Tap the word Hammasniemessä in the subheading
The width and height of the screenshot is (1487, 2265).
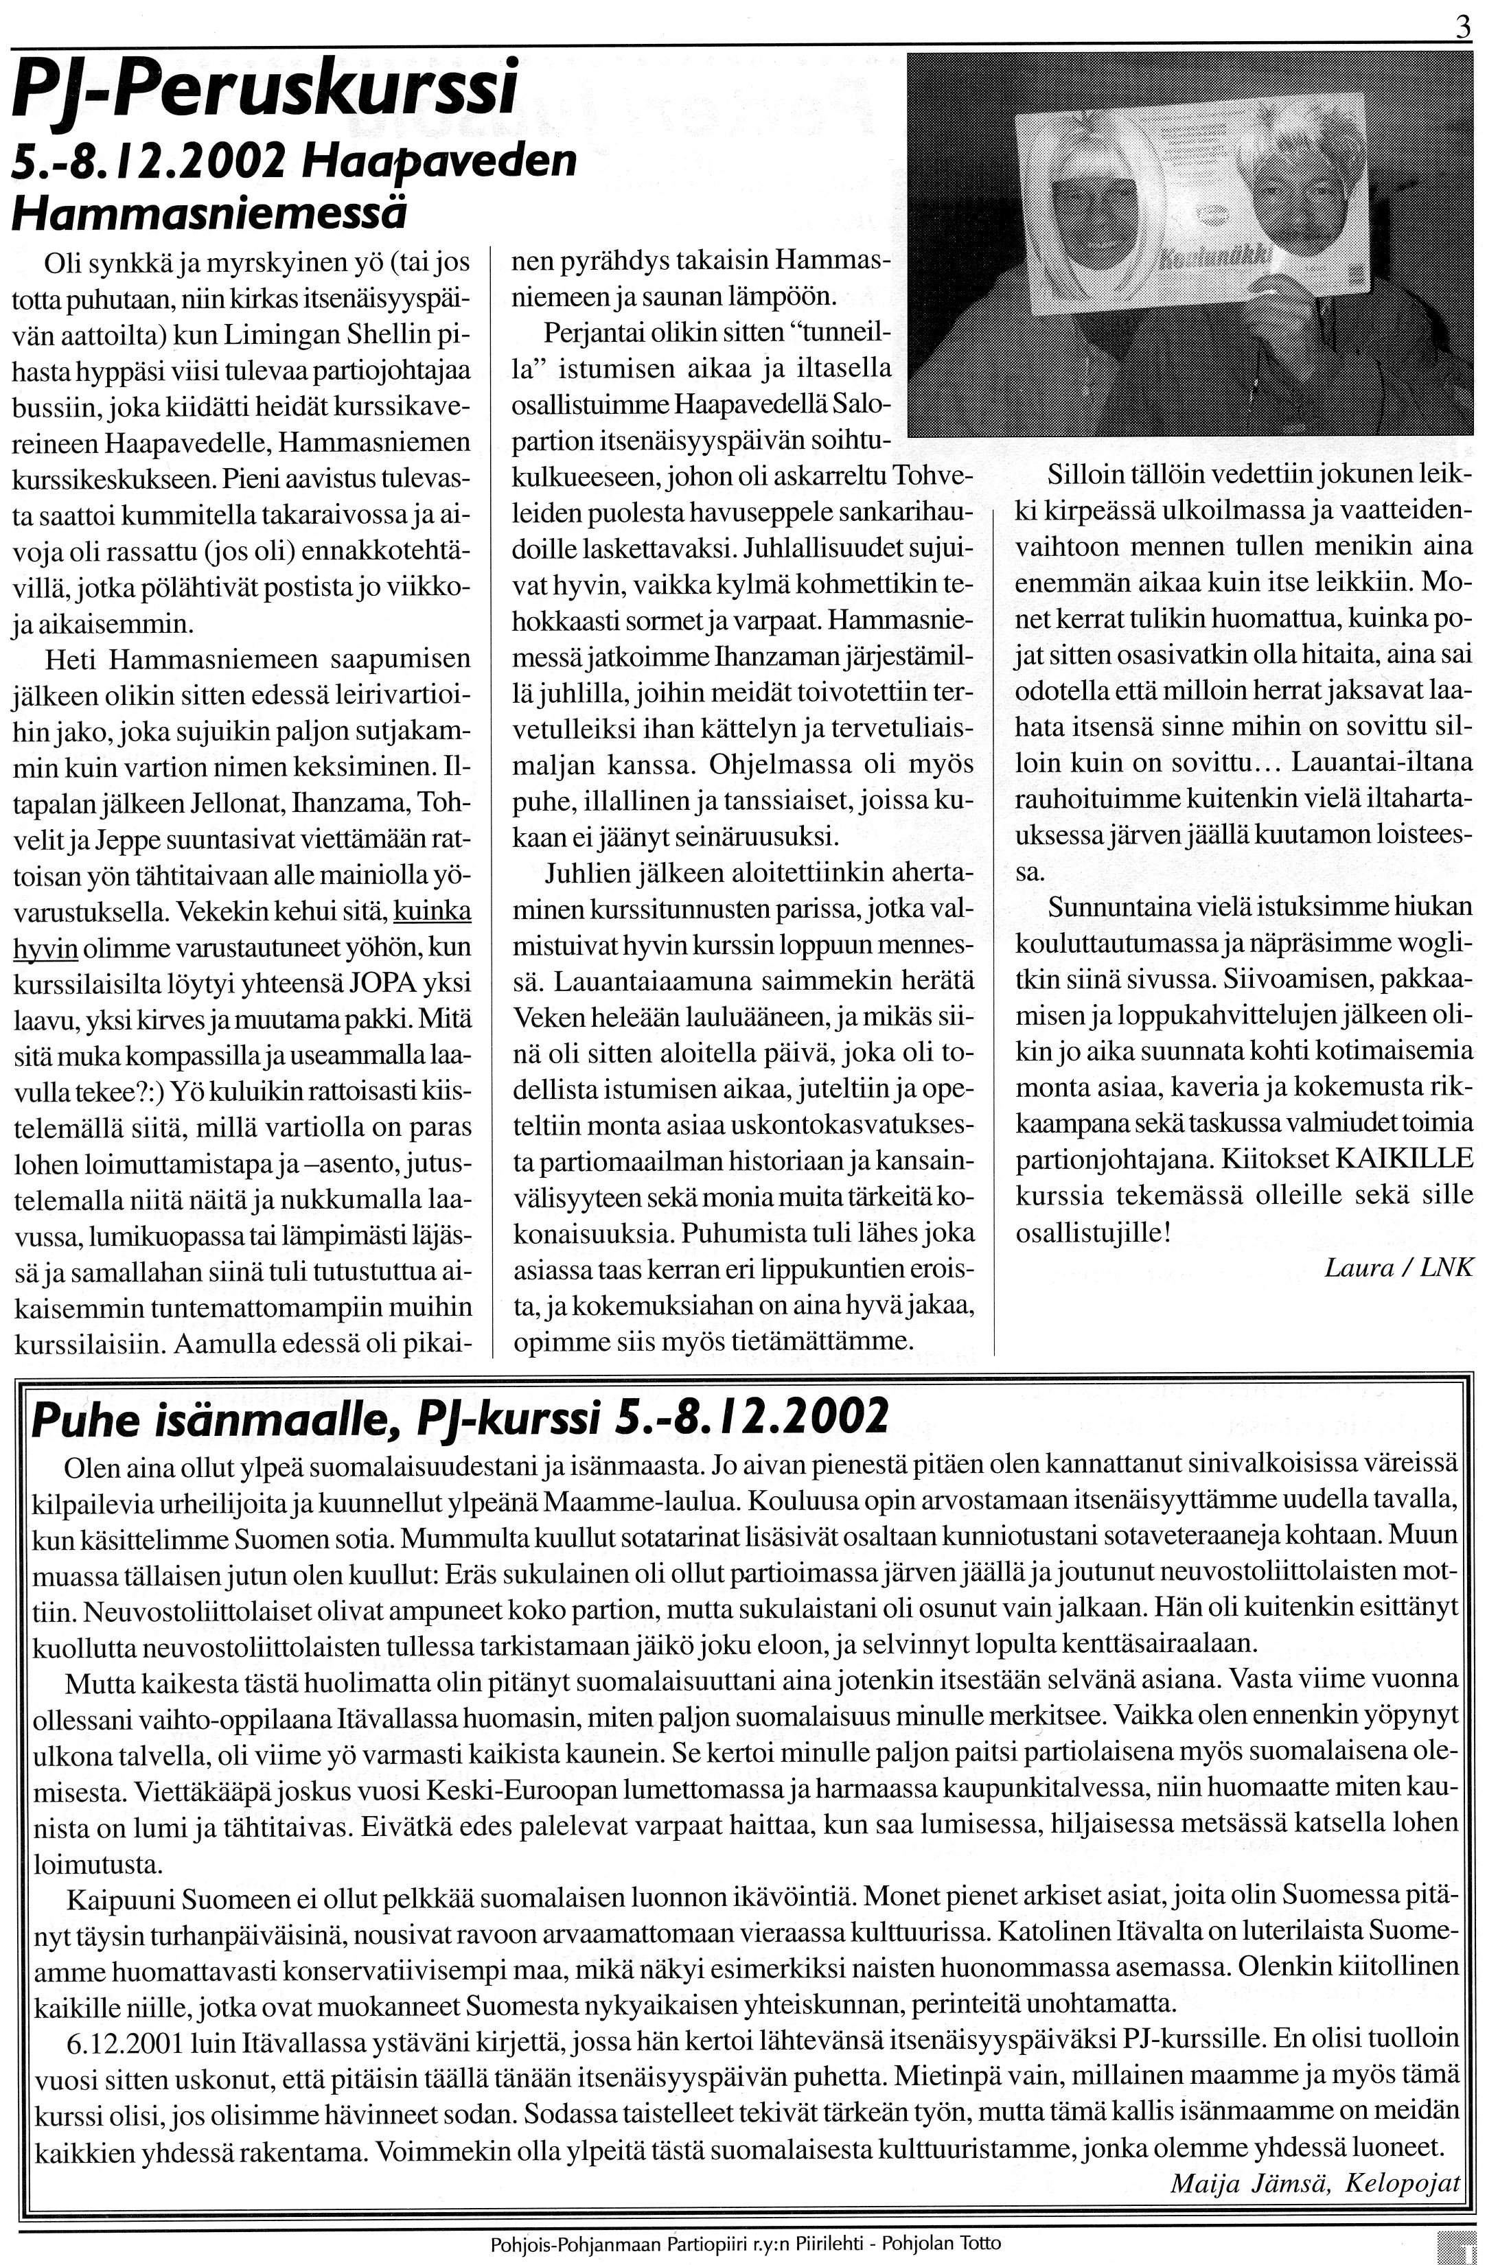(x=209, y=211)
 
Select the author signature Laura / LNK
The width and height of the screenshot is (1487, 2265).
(x=1398, y=1267)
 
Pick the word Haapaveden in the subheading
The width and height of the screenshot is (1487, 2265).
(x=439, y=163)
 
